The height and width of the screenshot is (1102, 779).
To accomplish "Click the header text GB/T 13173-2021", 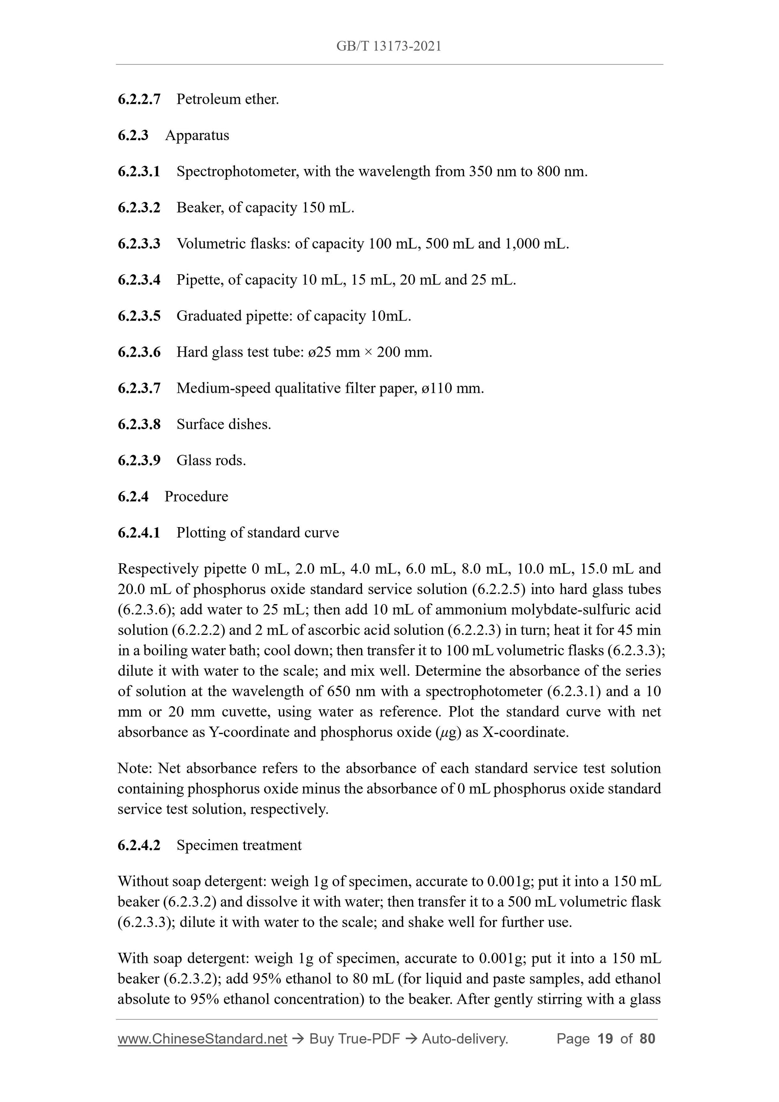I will click(x=389, y=46).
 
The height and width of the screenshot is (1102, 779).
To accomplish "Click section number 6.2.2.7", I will click(x=139, y=99).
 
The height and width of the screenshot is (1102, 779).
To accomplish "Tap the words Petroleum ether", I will click(x=227, y=99).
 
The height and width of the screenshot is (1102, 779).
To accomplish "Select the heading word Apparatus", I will click(x=197, y=135).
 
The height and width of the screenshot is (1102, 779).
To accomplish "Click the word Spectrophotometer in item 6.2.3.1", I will click(x=236, y=171).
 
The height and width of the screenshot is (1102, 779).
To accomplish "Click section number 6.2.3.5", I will click(x=139, y=316).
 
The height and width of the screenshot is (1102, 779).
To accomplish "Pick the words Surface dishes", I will click(x=224, y=424).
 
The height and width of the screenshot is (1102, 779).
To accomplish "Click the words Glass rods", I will click(x=211, y=460).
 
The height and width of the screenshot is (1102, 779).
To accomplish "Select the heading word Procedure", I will click(x=196, y=496).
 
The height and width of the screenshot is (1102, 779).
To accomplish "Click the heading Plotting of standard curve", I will click(x=258, y=533).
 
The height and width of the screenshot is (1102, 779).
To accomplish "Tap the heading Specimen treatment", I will click(x=239, y=845).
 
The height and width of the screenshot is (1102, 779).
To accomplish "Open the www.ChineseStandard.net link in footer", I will click(x=202, y=1039).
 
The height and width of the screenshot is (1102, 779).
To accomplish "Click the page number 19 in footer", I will click(x=605, y=1039).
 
